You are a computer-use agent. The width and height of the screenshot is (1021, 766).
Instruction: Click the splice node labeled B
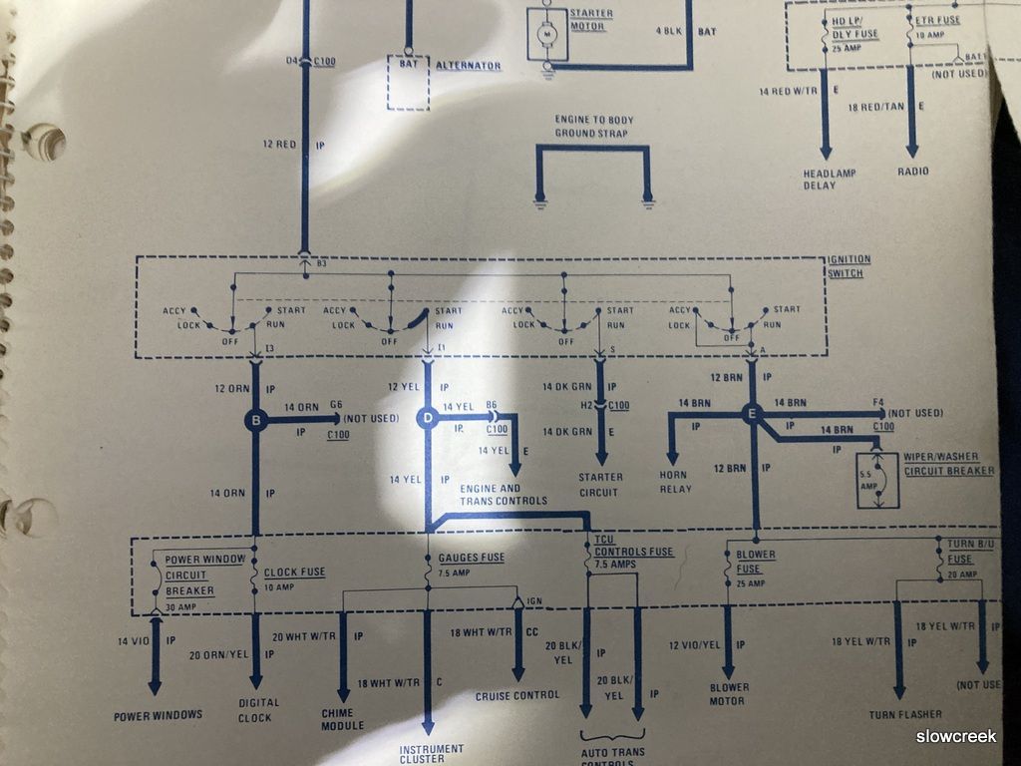pos(255,421)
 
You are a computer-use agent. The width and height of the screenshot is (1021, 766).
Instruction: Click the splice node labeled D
pos(428,420)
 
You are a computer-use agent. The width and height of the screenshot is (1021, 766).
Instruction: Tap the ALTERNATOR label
pos(469,65)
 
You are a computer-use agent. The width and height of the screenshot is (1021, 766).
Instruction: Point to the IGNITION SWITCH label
pos(849,266)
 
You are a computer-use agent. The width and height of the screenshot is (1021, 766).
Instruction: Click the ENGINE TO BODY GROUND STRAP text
pos(594,126)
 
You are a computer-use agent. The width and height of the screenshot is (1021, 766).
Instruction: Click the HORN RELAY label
pos(675,481)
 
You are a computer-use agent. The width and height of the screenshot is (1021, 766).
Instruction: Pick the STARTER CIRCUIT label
pos(601,484)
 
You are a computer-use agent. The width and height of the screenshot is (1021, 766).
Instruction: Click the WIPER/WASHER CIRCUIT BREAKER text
pos(948,465)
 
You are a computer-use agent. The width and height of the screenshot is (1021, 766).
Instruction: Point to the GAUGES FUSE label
pos(472,558)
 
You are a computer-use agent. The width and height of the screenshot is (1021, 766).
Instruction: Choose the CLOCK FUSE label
pos(295,572)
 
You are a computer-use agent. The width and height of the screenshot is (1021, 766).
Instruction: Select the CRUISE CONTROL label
pos(517,695)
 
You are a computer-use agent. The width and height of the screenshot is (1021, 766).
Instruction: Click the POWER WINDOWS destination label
pos(158,714)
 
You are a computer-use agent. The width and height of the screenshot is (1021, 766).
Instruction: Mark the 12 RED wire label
pos(279,145)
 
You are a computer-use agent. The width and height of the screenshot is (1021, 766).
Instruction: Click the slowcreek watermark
pos(956,736)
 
